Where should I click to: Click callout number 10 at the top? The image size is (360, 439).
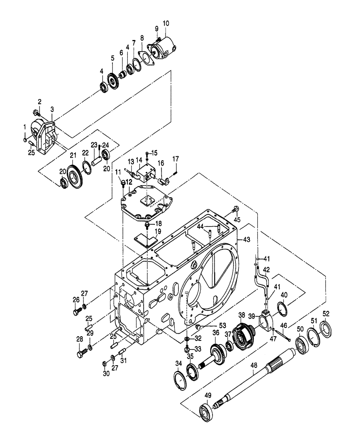point(165,23)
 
